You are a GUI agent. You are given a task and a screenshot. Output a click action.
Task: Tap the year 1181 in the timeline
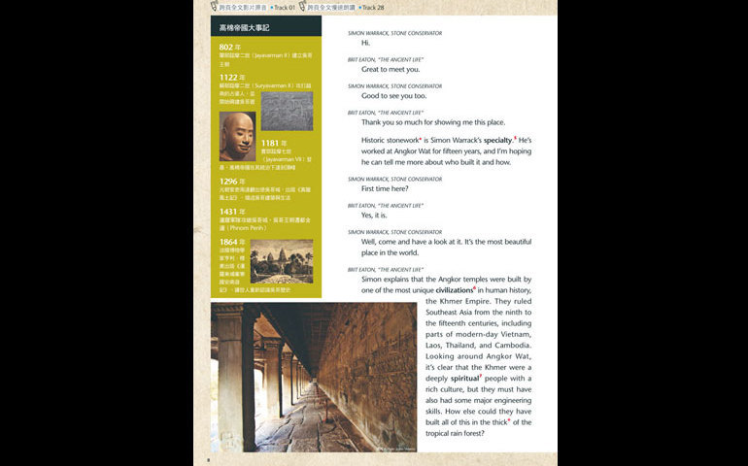[x=274, y=143]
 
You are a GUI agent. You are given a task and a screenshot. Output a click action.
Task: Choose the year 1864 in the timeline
[x=230, y=242]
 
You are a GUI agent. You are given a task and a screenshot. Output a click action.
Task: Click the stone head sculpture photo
[x=237, y=136]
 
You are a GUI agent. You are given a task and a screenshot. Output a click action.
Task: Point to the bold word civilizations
[x=454, y=290]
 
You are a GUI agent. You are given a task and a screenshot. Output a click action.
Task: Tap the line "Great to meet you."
[x=391, y=69]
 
